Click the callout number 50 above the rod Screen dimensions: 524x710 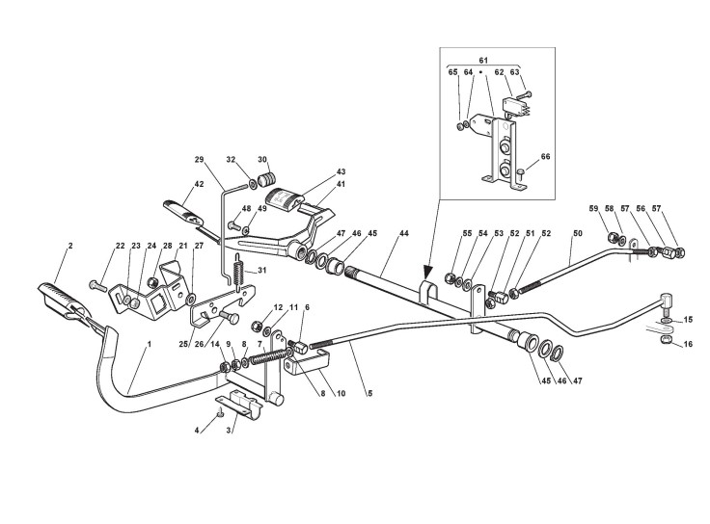pyautogui.click(x=578, y=234)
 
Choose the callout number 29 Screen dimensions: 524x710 pyautogui.click(x=200, y=159)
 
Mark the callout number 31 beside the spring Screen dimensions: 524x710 pyautogui.click(x=259, y=272)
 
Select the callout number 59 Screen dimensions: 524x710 pyautogui.click(x=594, y=208)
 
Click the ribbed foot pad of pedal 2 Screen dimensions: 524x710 pyautogui.click(x=60, y=299)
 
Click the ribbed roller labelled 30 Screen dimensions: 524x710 pyautogui.click(x=269, y=179)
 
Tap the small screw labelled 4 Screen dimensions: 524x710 pyautogui.click(x=220, y=413)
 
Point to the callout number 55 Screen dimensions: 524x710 pyautogui.click(x=440, y=234)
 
